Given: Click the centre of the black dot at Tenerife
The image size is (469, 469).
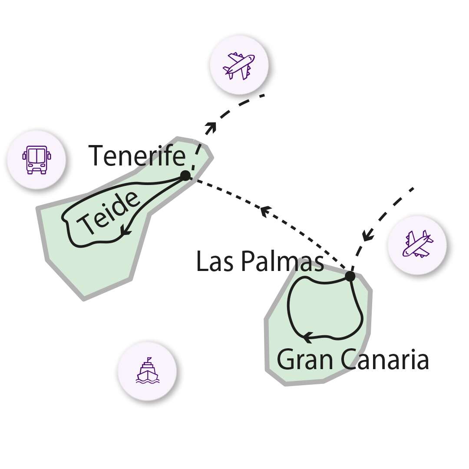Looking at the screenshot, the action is click(185, 175).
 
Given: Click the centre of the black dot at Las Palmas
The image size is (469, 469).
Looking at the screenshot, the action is click(350, 276).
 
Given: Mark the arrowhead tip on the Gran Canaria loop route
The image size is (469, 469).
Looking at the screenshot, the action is click(303, 338).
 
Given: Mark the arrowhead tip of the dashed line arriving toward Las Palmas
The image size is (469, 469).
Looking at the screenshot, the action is click(364, 240).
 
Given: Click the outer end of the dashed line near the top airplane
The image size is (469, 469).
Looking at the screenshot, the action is click(264, 96).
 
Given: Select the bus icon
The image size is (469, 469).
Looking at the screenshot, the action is click(36, 160).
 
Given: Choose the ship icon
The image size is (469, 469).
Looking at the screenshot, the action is click(148, 370).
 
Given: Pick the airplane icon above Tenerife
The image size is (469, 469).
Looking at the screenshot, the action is click(239, 66).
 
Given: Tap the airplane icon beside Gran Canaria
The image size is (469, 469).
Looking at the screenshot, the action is click(417, 244).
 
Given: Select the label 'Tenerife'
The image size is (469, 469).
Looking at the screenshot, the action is click(137, 155).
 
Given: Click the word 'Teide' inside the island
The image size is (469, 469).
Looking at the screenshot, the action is click(108, 213).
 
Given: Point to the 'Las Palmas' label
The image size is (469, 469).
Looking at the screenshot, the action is click(260, 261).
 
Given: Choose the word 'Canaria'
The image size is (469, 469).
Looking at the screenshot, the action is click(385, 359).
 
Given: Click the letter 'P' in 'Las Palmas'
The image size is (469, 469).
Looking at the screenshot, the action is click(248, 261).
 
